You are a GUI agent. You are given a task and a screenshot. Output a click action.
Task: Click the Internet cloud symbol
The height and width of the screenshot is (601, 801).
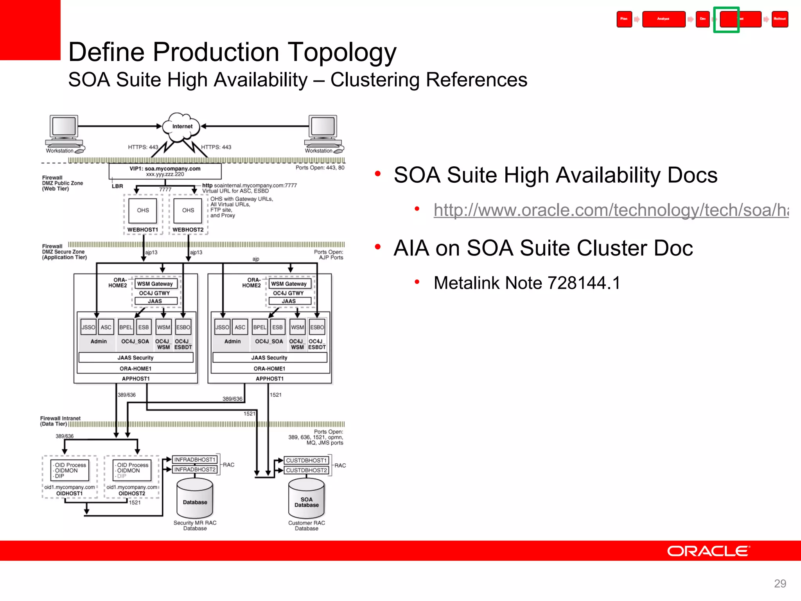[x=182, y=127]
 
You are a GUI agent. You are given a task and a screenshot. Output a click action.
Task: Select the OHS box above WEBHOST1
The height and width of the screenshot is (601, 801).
[x=143, y=211]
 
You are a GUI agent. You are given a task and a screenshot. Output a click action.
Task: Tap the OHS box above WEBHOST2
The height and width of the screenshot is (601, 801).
[x=188, y=211]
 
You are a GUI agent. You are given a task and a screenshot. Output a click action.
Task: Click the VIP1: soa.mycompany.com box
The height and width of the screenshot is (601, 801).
[x=165, y=171]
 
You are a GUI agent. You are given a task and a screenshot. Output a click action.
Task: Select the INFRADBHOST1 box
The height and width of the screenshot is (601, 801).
[x=194, y=460]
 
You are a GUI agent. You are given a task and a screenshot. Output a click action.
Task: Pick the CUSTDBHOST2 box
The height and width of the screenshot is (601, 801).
[x=306, y=470]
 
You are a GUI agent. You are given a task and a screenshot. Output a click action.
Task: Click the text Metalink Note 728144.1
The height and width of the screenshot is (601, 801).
[x=527, y=283]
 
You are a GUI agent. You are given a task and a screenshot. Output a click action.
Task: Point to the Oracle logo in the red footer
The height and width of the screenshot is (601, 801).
[x=708, y=551]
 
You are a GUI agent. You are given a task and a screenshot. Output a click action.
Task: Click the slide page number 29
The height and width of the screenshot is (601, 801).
[x=780, y=583]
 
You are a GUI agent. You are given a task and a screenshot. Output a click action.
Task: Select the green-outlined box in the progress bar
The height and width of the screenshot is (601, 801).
[x=726, y=20]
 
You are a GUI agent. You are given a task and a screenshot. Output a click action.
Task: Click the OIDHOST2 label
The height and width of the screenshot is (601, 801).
[x=132, y=494]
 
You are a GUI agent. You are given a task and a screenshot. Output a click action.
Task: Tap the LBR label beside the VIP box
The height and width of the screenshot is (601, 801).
[x=117, y=186]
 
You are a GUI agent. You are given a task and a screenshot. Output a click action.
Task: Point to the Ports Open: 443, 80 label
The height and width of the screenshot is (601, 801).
[x=320, y=168]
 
